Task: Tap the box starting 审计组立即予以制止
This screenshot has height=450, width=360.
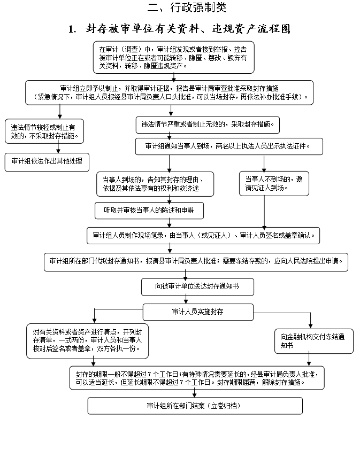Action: [x=170, y=92]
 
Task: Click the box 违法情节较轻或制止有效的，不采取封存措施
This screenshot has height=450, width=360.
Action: [x=44, y=131]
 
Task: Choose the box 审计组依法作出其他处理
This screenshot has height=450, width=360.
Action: [x=47, y=161]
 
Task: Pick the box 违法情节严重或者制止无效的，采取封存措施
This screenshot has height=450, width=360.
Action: [x=208, y=125]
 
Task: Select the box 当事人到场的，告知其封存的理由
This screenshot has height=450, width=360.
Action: [x=155, y=183]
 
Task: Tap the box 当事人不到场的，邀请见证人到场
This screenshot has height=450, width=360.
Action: [x=274, y=183]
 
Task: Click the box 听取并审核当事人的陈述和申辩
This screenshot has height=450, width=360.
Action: [x=149, y=211]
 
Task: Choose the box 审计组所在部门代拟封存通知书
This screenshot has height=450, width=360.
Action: [x=197, y=262]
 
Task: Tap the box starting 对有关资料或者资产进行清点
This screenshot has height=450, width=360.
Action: [x=87, y=340]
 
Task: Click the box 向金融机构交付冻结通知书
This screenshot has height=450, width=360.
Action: [x=315, y=341]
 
